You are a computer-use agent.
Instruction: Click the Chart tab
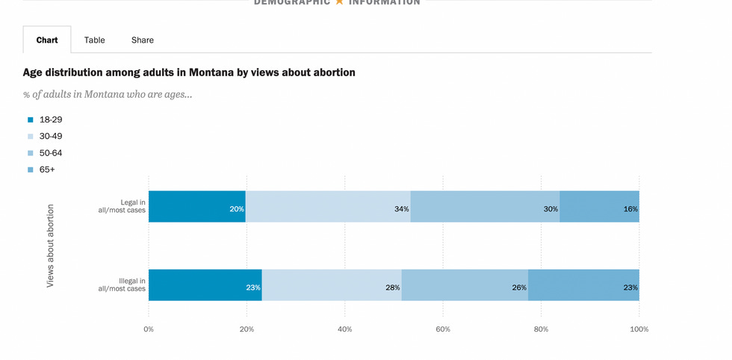point(47,40)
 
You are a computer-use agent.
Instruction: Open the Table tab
point(94,40)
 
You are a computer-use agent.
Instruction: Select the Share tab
point(142,40)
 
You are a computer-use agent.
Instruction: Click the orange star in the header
point(339,2)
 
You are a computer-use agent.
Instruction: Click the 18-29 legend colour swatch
point(31,120)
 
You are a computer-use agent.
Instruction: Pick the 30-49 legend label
point(51,136)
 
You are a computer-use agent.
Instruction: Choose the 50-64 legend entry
point(51,153)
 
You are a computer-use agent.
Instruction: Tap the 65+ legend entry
point(47,170)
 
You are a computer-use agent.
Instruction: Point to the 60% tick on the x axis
point(443,329)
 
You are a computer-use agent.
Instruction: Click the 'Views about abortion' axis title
point(51,246)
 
